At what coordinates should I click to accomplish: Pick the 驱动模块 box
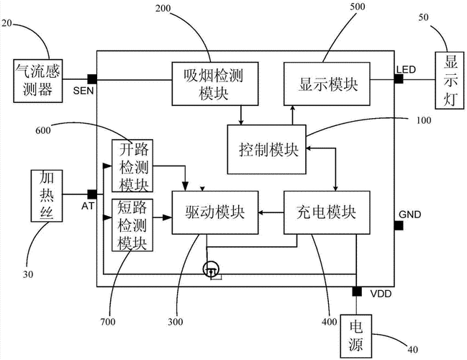213,212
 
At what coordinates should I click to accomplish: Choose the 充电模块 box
327,212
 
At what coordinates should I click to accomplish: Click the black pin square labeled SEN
91,78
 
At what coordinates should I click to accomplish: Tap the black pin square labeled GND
398,225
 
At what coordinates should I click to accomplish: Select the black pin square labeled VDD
357,291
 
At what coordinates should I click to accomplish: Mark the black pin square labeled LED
398,78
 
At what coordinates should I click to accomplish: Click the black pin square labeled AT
91,194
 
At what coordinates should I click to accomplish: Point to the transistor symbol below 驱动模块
211,269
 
